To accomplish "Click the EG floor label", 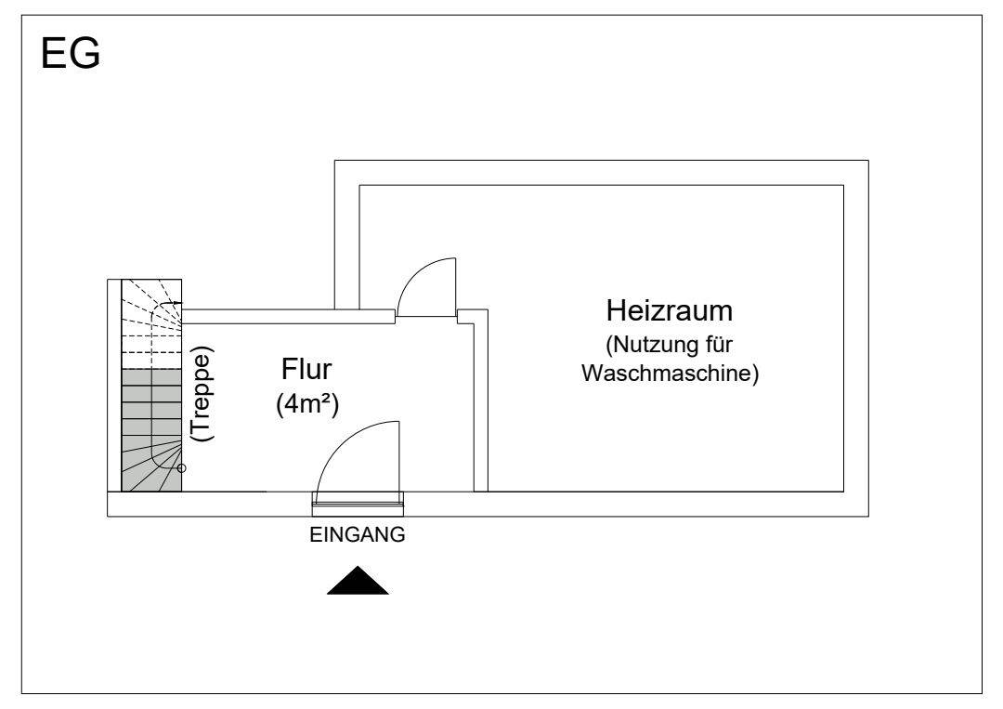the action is pyautogui.click(x=71, y=53).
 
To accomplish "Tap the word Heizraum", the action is pyautogui.click(x=669, y=310).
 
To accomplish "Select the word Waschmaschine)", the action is pyautogui.click(x=670, y=373).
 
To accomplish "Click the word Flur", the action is pyautogui.click(x=306, y=369).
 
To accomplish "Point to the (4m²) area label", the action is pyautogui.click(x=307, y=404).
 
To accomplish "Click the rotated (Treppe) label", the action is pyautogui.click(x=202, y=394).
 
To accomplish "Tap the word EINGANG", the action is pyautogui.click(x=357, y=534).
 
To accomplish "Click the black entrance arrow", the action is pyautogui.click(x=358, y=581).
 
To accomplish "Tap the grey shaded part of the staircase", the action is pyautogui.click(x=151, y=430).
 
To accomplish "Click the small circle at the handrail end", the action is pyautogui.click(x=182, y=468).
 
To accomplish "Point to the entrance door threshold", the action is pyautogui.click(x=358, y=504).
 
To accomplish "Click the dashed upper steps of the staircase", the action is pyautogui.click(x=151, y=323).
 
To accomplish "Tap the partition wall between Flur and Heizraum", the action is pyautogui.click(x=480, y=401).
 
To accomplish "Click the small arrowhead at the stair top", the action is pyautogui.click(x=178, y=303).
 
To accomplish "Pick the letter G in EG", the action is pyautogui.click(x=85, y=53).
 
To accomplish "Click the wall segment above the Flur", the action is pyautogui.click(x=289, y=316).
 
